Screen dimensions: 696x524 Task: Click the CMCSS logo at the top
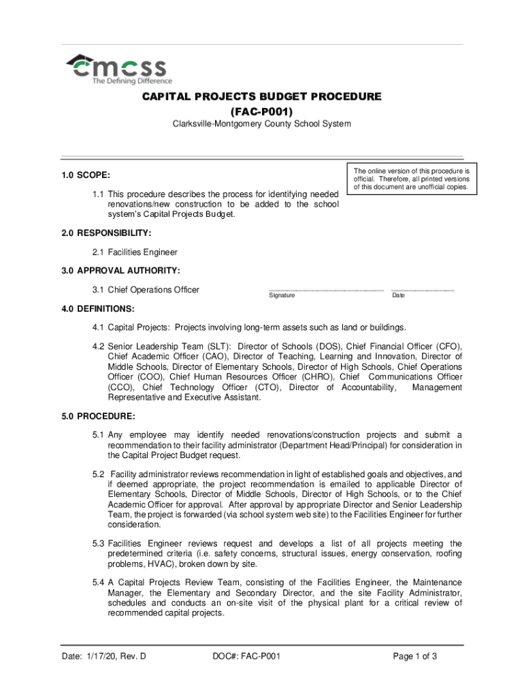click(x=116, y=68)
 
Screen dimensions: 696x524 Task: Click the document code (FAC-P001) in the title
click(x=261, y=111)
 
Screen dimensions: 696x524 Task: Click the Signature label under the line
click(x=282, y=296)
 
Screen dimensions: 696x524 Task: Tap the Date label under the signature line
click(x=398, y=296)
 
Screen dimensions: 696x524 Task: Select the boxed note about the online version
click(x=412, y=178)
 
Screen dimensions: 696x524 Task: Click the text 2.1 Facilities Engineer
click(x=135, y=252)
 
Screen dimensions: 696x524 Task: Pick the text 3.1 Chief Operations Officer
click(x=146, y=290)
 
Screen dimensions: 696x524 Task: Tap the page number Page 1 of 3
click(x=415, y=657)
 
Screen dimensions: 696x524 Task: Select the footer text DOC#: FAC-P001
click(x=246, y=657)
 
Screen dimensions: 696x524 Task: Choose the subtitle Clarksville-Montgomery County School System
click(x=261, y=124)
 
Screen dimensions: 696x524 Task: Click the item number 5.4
click(x=99, y=583)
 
